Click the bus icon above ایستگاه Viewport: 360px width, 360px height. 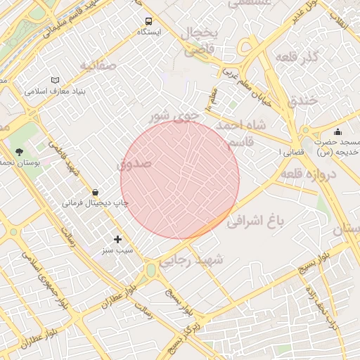[x=148, y=21]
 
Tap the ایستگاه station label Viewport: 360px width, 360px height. [x=148, y=32]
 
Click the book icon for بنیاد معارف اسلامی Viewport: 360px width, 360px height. [x=56, y=81]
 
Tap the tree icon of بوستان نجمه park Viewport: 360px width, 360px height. [x=19, y=151]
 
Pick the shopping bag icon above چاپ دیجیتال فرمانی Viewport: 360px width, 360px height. [x=95, y=192]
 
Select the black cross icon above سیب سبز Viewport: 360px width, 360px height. [x=117, y=239]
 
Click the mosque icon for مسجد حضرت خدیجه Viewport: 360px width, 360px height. [x=337, y=131]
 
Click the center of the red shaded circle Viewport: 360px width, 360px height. [x=180, y=179]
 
